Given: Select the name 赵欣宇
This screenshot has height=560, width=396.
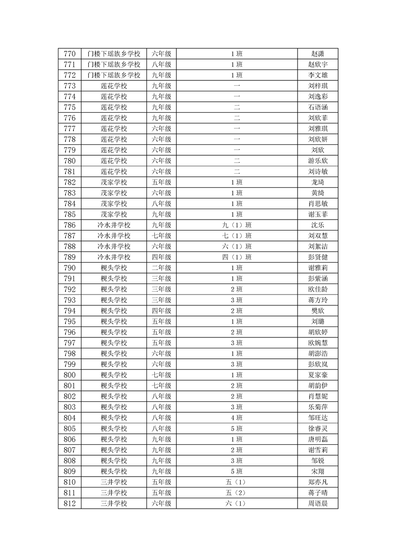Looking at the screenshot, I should coord(318,64).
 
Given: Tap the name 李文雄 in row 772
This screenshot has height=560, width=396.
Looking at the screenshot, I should coord(318,75).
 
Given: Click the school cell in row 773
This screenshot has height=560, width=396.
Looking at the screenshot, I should coord(114,86).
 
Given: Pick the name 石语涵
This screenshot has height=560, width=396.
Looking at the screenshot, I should coord(318,107).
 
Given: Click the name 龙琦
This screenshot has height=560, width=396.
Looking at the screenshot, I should coord(318,182).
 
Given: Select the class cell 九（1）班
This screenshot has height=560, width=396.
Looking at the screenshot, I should coord(237,225).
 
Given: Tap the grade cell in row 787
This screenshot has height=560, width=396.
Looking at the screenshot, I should coord(161,236).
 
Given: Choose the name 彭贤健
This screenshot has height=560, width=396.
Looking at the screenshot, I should coord(318,257).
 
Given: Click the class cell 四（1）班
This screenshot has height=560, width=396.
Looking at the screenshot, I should coord(237,257).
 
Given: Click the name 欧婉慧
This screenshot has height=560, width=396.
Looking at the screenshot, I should coord(318,342).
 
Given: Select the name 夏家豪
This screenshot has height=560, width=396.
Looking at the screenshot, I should coord(318,375).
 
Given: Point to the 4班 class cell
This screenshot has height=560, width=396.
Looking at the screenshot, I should coord(237,418).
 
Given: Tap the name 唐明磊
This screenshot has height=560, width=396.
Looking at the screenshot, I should coord(318,439).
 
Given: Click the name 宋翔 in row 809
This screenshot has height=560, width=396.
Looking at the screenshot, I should coord(318,471).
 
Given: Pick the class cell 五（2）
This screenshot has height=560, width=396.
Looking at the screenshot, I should coord(237,493).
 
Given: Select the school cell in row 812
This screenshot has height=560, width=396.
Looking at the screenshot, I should coord(114,504).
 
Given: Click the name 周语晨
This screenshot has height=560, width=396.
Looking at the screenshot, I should coord(318,504).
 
